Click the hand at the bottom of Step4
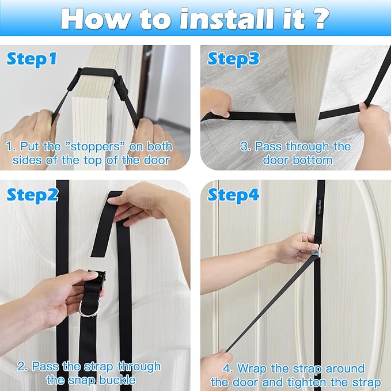pos(216,369)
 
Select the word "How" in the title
pos(94,18)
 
